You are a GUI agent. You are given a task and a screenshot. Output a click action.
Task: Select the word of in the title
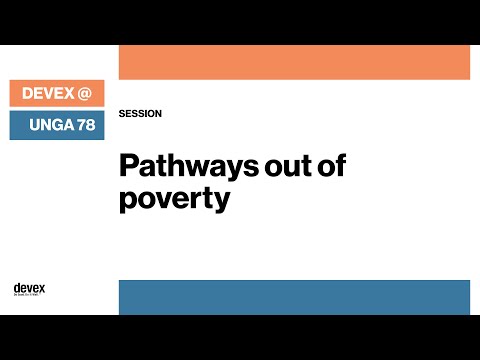point(332,165)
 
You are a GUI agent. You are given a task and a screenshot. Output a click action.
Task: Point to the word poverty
point(174,197)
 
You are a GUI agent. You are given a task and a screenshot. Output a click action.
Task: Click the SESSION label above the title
point(140,114)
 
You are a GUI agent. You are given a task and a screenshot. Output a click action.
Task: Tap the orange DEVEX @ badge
point(57,94)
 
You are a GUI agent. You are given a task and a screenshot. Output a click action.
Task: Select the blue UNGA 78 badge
point(57,126)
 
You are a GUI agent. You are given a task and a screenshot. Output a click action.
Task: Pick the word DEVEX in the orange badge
point(45,94)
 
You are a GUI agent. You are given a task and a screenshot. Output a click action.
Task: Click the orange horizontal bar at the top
point(294,62)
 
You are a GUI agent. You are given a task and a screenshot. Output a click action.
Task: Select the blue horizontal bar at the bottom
point(294,297)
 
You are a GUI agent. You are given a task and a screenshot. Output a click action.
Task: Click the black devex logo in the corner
point(29,288)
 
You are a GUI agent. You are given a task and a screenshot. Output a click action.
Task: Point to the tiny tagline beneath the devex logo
point(29,295)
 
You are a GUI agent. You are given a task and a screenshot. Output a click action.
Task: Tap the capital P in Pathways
point(127,165)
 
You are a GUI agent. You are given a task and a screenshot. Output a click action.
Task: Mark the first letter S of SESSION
point(121,114)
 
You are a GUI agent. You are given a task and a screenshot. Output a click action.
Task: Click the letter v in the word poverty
point(164,197)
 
